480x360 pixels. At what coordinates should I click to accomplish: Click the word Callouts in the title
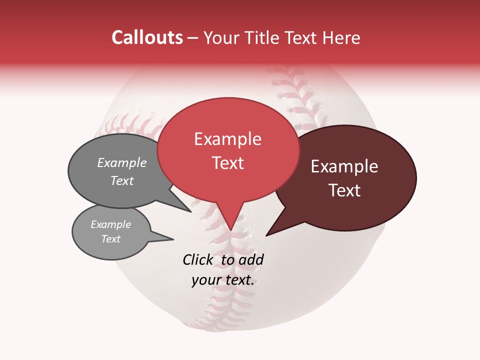147,37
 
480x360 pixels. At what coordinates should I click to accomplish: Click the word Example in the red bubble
227,139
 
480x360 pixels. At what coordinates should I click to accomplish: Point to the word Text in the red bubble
228,163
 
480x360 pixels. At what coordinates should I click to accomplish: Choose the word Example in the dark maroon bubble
344,166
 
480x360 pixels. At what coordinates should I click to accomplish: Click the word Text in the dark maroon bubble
345,190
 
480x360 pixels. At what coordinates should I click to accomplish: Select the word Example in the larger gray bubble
122,162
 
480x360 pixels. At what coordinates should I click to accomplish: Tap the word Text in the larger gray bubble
122,181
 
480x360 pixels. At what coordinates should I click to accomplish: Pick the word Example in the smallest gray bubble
111,224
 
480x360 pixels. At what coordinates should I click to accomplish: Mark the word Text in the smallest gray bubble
111,239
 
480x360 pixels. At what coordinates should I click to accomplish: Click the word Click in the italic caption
198,259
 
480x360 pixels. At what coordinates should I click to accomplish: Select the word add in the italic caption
251,259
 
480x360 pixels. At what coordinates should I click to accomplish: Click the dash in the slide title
193,38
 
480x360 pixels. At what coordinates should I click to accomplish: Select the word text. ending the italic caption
239,280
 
